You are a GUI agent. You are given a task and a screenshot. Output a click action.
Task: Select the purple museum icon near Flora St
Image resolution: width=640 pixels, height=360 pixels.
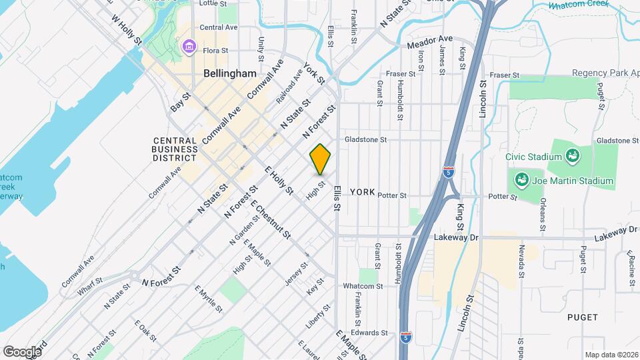(189, 47)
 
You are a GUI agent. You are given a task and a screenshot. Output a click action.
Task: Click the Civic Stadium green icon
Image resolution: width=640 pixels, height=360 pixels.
(571, 157)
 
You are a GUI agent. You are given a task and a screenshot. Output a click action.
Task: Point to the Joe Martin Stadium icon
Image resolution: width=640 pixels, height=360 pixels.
(520, 180)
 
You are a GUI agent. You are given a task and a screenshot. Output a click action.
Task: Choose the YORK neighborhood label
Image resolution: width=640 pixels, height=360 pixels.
(363, 192)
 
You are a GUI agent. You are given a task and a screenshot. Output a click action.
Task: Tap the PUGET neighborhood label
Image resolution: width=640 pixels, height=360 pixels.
(583, 317)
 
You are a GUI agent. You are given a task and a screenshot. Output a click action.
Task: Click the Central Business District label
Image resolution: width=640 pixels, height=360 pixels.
(175, 149)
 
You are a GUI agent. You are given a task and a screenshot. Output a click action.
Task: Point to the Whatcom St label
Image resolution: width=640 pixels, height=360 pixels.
(363, 286)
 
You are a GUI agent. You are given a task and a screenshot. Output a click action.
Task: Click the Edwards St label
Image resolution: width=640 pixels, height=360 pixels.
(370, 333)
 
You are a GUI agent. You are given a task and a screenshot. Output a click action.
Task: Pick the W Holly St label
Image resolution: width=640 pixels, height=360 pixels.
(127, 31)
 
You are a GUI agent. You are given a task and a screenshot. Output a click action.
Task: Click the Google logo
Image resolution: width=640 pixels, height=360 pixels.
(21, 351)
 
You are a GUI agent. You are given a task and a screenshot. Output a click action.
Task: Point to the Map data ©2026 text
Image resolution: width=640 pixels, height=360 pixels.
(611, 355)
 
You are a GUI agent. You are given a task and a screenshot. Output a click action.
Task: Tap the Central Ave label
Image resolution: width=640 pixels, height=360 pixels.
(219, 27)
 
